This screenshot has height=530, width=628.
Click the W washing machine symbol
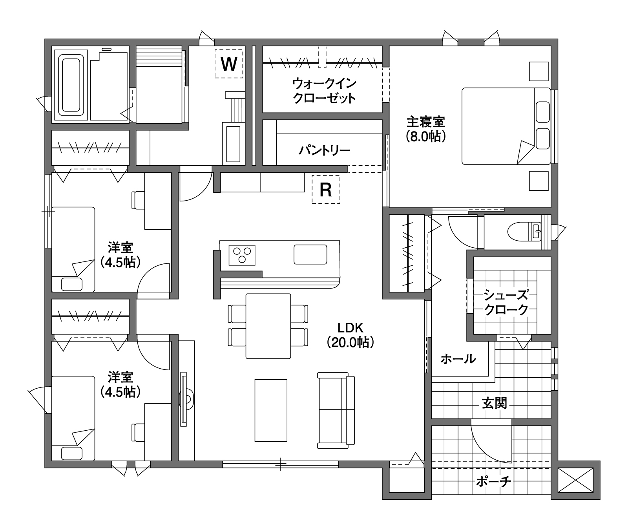pos(229,64)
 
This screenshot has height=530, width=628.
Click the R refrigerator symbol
pos(326,189)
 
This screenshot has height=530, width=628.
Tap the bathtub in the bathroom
pos(71,86)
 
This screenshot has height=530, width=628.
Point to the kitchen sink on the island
pos(310,254)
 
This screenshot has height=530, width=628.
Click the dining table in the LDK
pos(268,326)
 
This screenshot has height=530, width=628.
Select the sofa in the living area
pos(336,410)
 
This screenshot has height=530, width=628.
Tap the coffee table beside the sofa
pos(271,410)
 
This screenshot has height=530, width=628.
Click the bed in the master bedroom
pos(506,126)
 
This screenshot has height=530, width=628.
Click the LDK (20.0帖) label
pos(351,335)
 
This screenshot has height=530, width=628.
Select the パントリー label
pos(324,150)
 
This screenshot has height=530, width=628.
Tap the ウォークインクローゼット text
pos(325,90)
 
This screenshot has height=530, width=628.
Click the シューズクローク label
pos(506,302)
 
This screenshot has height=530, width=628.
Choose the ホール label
pos(458,358)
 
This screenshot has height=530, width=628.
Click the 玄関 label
pos(495,403)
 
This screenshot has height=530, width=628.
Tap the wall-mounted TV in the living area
pos(184,399)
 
